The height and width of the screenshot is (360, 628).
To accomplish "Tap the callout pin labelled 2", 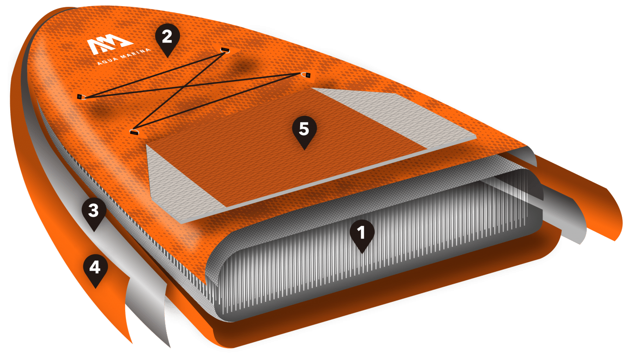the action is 167,39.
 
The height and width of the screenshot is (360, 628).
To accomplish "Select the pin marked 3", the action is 94,213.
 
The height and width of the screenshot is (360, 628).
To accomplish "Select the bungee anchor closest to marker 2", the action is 225,50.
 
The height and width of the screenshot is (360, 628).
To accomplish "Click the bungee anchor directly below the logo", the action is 81,97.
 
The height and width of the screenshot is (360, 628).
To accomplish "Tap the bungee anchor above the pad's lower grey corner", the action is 134,132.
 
